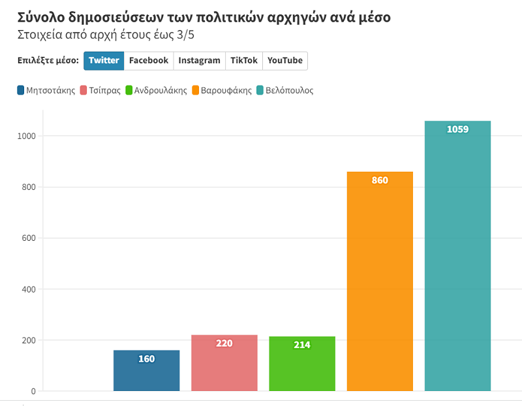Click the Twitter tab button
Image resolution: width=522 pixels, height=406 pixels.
[104, 61]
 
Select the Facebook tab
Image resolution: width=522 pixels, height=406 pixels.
[149, 61]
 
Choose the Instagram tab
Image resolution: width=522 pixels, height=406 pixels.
[199, 61]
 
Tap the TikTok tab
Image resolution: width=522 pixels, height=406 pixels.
[243, 61]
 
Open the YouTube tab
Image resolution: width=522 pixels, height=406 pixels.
[284, 61]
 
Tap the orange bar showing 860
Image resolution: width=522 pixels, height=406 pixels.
[380, 281]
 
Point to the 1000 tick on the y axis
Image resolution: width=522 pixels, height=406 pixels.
[25, 136]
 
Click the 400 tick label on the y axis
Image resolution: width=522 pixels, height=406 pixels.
[27, 289]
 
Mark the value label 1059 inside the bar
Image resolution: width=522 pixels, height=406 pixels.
[457, 129]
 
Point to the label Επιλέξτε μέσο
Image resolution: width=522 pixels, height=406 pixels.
[48, 61]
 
